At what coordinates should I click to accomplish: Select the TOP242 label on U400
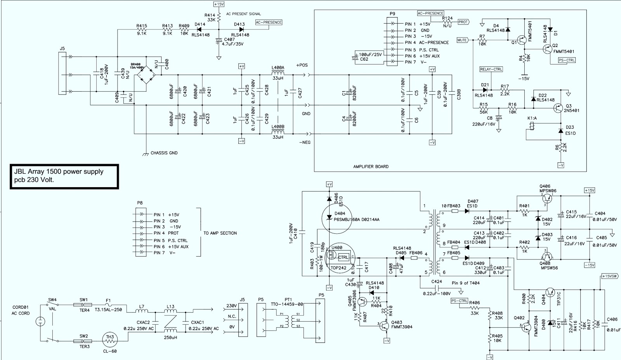(338, 268)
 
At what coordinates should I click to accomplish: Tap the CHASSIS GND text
(164, 153)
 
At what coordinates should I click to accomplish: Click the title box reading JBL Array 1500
(64, 176)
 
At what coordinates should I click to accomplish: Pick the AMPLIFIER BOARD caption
(371, 167)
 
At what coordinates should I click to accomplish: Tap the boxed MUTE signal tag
(462, 40)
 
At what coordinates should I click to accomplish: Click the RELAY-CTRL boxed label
(491, 69)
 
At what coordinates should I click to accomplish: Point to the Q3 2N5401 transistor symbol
(558, 108)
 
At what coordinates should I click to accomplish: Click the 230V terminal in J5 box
(232, 306)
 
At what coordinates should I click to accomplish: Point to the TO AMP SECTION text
(220, 233)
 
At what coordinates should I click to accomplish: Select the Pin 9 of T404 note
(465, 283)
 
